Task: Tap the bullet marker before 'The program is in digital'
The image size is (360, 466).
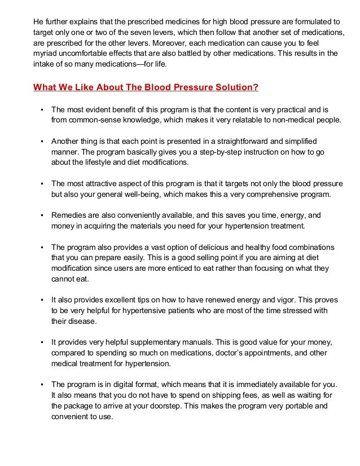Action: (42, 386)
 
